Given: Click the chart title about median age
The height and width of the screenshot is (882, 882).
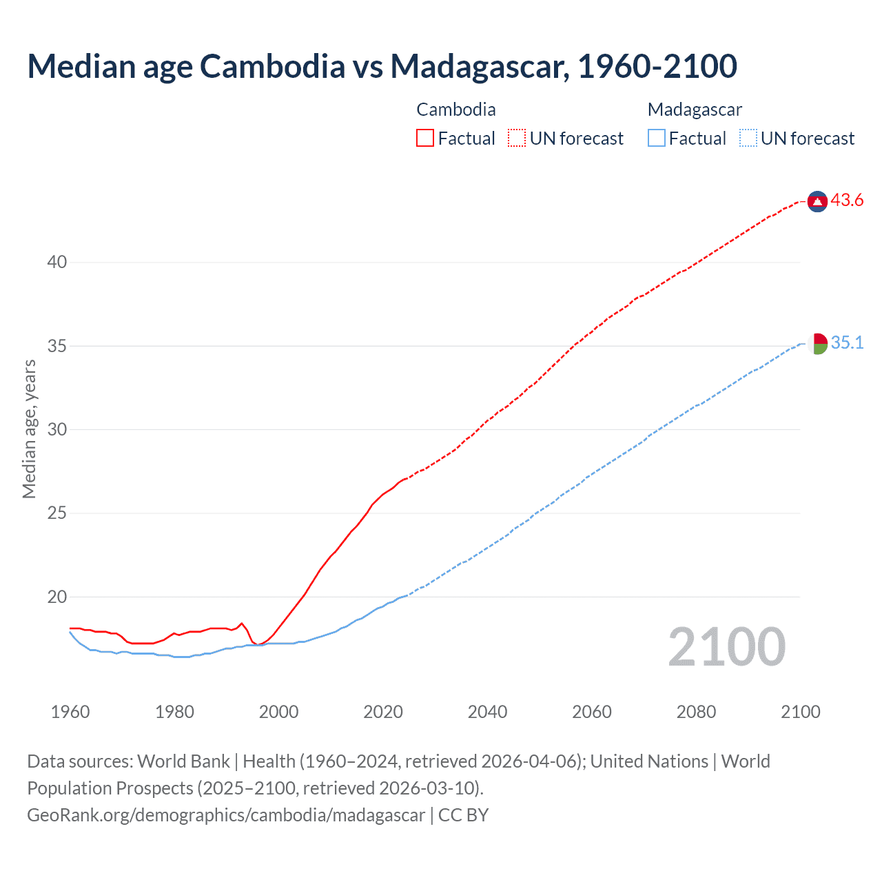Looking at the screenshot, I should pos(382,66).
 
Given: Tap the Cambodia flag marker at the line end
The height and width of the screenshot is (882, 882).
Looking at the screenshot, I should pos(817,201).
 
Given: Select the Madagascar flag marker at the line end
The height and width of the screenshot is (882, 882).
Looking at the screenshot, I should pos(817,343).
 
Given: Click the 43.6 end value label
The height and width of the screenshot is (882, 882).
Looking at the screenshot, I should pos(847,201).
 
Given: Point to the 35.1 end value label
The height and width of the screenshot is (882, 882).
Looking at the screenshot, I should pos(847,343).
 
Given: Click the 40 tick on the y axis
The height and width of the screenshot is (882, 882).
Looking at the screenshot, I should pos(57,262).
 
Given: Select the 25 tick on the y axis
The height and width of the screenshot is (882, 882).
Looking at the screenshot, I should pos(57,513).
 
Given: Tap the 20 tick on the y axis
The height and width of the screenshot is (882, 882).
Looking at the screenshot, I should pos(57,597).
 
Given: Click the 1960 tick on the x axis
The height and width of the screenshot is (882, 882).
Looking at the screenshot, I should pos(70,712).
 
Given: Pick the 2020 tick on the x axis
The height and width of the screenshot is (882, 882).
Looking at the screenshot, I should pos(383,712).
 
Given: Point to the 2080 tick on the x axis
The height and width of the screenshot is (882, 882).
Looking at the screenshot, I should pos(696,712).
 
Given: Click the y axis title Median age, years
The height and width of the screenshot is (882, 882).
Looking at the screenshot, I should pos(29,429).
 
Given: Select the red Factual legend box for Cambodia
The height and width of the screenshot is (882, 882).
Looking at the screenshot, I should pos(425,139).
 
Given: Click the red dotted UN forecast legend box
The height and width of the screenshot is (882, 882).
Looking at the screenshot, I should pos(517,139).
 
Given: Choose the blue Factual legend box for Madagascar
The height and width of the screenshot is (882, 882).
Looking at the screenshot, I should pos(657,139).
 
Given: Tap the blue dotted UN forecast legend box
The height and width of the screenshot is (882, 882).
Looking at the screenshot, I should pos(748,139).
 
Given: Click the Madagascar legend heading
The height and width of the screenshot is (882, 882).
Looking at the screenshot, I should pos(695,110).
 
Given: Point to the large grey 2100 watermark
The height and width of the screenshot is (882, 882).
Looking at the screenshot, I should pos(727,647).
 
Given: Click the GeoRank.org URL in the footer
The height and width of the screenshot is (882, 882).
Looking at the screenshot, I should pos(226,815).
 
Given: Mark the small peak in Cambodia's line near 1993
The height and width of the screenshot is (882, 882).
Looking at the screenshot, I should pos(241,624).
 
